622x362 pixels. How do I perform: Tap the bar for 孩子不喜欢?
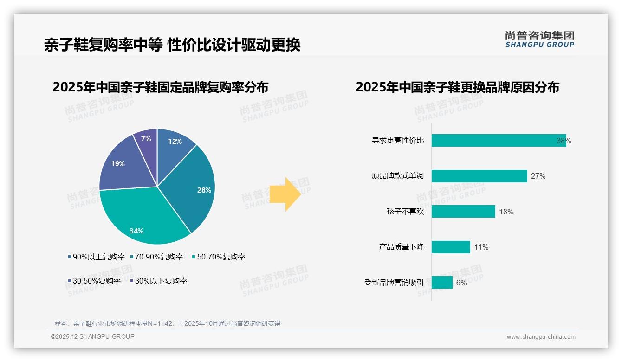click(x=463, y=212)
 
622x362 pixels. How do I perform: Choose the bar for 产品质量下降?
click(x=451, y=247)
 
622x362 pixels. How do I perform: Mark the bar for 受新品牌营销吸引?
click(x=442, y=282)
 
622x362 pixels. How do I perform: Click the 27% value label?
click(x=538, y=176)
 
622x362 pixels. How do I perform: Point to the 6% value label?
click(x=461, y=283)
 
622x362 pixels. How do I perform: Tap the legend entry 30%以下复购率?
click(x=161, y=281)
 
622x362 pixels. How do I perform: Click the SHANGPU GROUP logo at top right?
click(x=539, y=39)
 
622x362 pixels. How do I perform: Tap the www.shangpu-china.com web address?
click(x=541, y=337)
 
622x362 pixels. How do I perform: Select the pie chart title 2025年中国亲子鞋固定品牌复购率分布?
click(x=160, y=87)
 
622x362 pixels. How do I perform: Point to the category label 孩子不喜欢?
click(x=405, y=212)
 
